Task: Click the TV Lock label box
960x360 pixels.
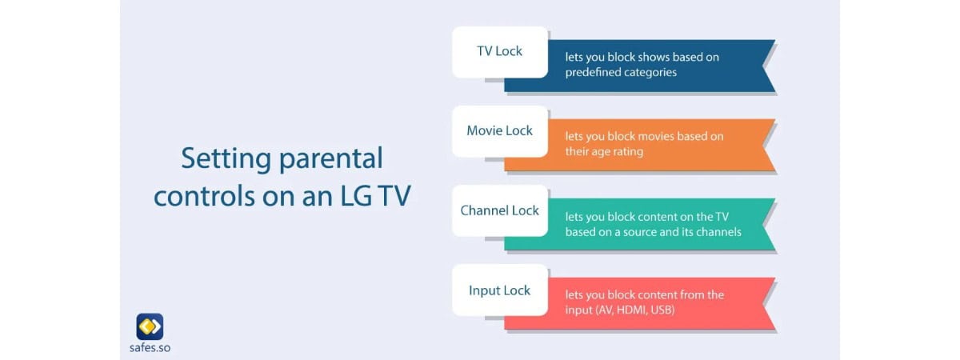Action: pyautogui.click(x=500, y=52)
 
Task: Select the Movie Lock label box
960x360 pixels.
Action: pyautogui.click(x=500, y=131)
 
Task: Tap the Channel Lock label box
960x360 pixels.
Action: pyautogui.click(x=500, y=211)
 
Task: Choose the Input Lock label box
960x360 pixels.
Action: pyautogui.click(x=500, y=290)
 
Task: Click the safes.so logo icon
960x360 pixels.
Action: pyautogui.click(x=150, y=326)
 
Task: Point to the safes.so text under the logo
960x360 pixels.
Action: pyautogui.click(x=150, y=347)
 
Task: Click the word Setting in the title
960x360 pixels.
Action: pyautogui.click(x=226, y=159)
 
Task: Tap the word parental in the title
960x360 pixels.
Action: pyautogui.click(x=331, y=159)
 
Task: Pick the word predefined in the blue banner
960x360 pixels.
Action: pyautogui.click(x=593, y=72)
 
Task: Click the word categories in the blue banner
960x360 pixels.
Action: pyautogui.click(x=650, y=73)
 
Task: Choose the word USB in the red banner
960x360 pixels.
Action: pyautogui.click(x=662, y=310)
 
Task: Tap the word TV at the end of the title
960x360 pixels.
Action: pyautogui.click(x=394, y=196)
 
